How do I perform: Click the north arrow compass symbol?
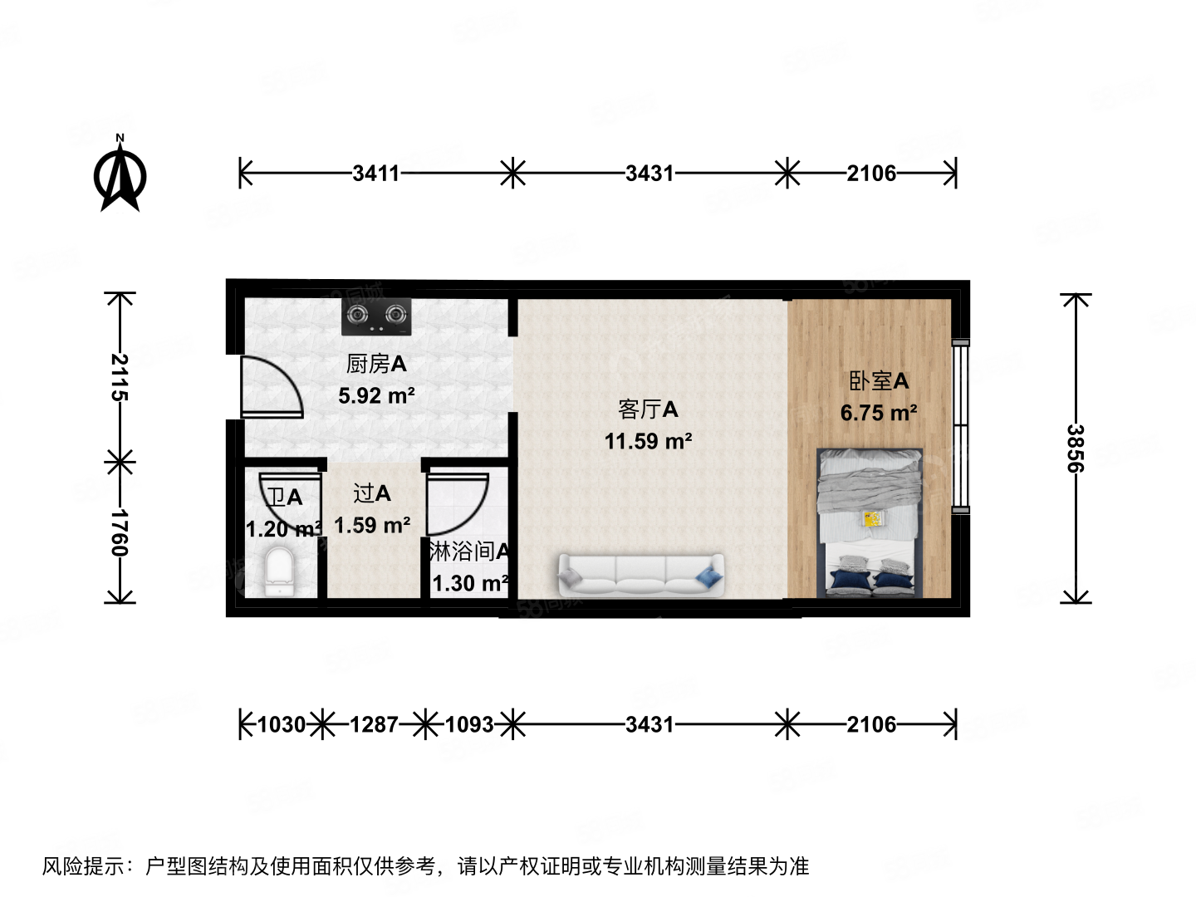coord(120,176)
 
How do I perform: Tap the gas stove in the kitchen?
coord(376,316)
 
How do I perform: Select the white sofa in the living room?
coord(640,575)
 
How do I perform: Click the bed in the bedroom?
coord(870,523)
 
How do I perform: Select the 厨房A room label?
coord(376,364)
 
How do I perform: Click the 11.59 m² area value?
coord(648,441)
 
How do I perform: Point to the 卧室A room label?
coord(879,381)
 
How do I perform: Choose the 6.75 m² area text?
coord(879,413)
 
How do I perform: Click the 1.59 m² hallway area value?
coord(372,526)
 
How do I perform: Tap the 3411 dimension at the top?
coord(375,174)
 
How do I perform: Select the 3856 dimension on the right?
coord(1076,448)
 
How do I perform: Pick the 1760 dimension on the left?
coord(120,532)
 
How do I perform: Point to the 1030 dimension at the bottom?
coord(281,725)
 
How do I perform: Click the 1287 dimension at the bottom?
coord(374,725)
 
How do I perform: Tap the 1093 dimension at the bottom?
coord(469,725)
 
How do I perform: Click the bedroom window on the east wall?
coord(960,425)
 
